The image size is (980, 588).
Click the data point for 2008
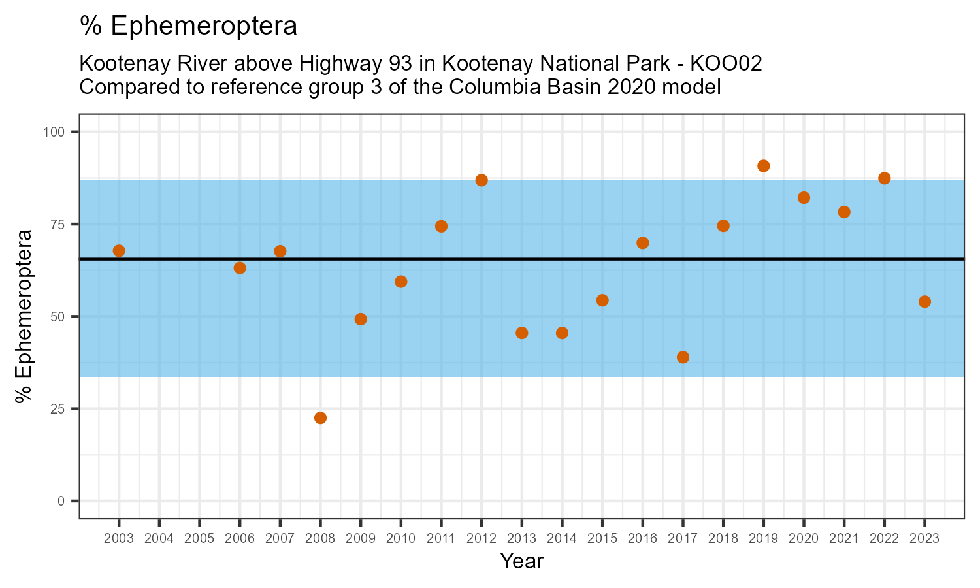point(320,418)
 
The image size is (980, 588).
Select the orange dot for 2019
point(764,166)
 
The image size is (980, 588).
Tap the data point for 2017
point(683,357)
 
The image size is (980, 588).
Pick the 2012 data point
point(482,180)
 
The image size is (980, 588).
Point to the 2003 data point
point(119,251)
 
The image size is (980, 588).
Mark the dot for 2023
point(924,302)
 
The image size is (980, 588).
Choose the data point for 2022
point(885,178)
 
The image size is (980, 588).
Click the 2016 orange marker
point(643,243)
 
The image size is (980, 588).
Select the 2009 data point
point(361,319)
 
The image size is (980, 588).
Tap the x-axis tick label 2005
point(199,539)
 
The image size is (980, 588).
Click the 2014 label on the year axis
point(562,539)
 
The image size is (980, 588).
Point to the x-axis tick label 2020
point(804,539)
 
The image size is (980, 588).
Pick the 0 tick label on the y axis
point(61,501)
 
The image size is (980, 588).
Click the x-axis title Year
point(521,561)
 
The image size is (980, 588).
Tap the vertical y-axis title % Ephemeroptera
point(24,316)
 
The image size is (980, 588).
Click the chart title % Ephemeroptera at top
point(188,26)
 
